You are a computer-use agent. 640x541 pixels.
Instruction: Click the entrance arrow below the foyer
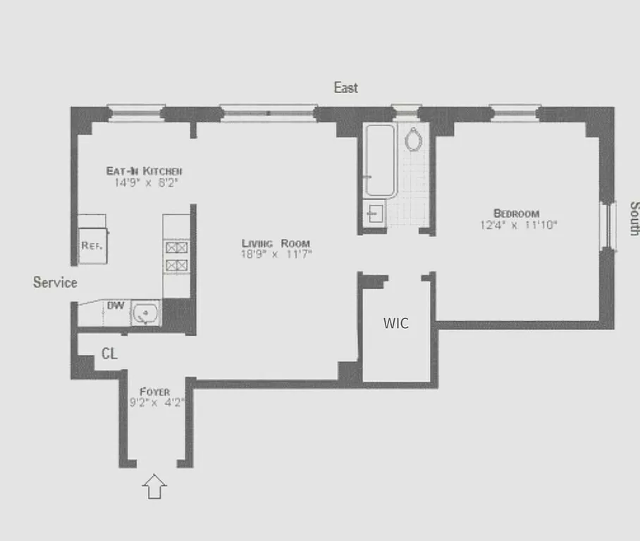(x=154, y=486)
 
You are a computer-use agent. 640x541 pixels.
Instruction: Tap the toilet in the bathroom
(x=414, y=139)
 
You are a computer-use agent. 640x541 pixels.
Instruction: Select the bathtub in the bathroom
(x=380, y=161)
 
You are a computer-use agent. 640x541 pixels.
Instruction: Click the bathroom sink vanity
(x=374, y=213)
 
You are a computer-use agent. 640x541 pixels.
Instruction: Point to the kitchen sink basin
(x=146, y=313)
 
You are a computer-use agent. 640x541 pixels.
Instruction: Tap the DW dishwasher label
(x=115, y=305)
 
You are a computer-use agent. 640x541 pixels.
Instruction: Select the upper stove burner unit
(x=176, y=247)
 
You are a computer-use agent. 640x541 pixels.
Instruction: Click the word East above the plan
(x=345, y=87)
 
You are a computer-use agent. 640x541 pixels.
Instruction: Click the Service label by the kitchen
(x=55, y=282)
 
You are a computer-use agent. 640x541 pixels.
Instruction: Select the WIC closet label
(x=395, y=323)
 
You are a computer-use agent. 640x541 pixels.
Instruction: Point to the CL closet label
(x=109, y=354)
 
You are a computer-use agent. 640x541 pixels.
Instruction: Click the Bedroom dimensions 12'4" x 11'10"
(x=516, y=225)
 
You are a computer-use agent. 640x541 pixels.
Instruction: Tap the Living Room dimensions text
(x=276, y=254)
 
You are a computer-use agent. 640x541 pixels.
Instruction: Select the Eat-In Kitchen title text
(x=144, y=171)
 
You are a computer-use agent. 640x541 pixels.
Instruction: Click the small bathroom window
(x=405, y=110)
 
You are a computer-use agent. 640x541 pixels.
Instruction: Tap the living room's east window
(x=267, y=111)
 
